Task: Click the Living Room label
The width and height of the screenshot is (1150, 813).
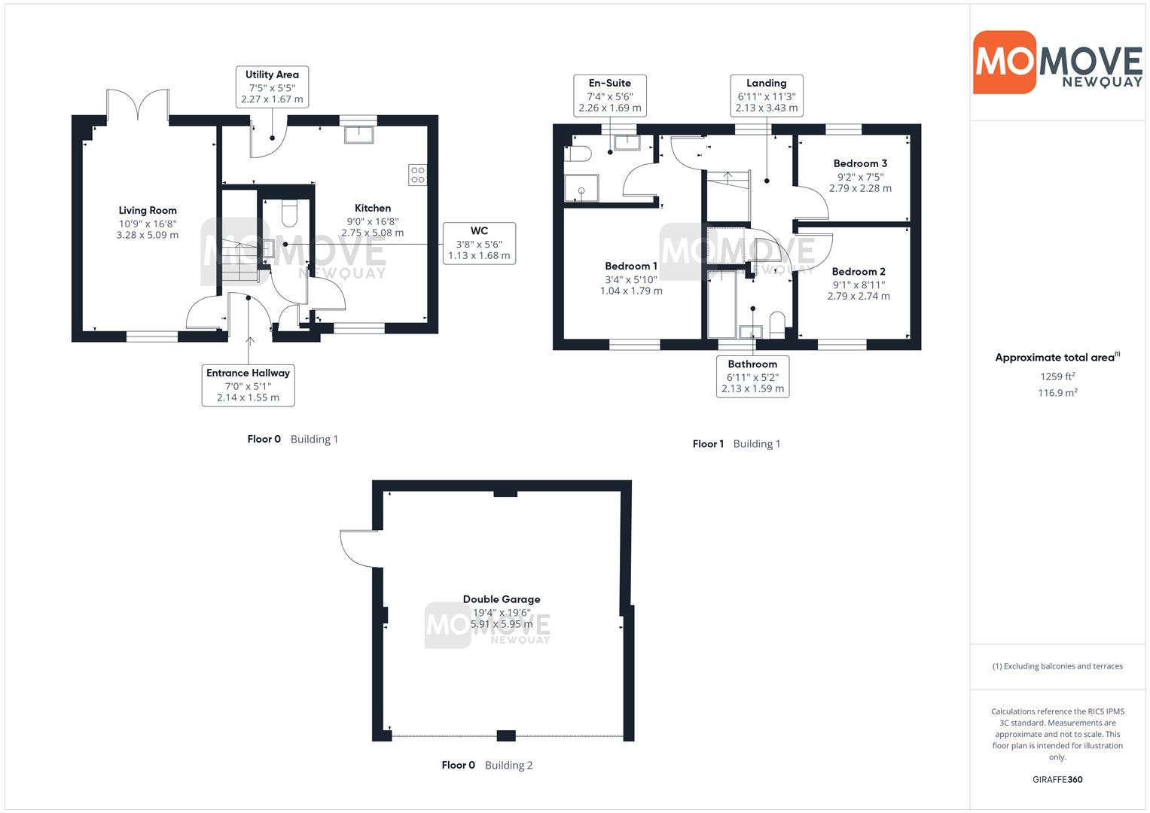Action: click(x=148, y=211)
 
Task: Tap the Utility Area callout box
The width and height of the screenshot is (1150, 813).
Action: click(x=272, y=87)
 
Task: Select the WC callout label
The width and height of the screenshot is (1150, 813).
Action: click(x=479, y=243)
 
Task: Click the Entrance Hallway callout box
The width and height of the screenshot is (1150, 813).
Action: click(x=248, y=385)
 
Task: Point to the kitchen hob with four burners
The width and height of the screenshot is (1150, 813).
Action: click(x=417, y=175)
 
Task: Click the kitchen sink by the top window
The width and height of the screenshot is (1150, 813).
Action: click(x=359, y=135)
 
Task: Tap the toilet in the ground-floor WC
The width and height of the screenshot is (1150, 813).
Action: click(x=289, y=213)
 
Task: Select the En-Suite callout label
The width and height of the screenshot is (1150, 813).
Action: click(x=610, y=96)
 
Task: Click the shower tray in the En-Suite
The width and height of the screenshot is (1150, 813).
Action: click(x=581, y=188)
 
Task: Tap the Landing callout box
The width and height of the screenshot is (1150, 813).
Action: click(x=767, y=96)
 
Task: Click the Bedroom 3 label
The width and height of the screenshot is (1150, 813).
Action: click(x=860, y=164)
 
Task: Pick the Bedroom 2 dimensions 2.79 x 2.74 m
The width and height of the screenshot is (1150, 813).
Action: click(x=859, y=296)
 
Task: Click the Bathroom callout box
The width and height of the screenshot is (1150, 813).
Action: click(x=752, y=376)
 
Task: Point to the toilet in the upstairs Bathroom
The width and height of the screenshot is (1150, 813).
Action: click(x=777, y=325)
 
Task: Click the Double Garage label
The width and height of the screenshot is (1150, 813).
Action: click(x=502, y=599)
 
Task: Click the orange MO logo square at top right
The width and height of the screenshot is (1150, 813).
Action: click(x=1005, y=62)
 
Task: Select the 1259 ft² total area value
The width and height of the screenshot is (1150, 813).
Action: click(x=1057, y=376)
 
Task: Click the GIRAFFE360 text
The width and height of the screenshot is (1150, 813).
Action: click(x=1057, y=779)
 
